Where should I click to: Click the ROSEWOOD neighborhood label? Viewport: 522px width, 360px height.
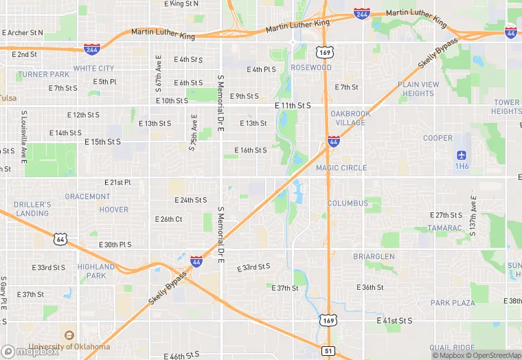click(310, 67)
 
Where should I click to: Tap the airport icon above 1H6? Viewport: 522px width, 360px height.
click(462, 156)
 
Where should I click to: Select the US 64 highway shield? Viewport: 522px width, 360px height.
click(60, 238)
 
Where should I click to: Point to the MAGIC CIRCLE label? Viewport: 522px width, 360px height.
click(341, 168)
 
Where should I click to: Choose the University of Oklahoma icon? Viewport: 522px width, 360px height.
click(69, 335)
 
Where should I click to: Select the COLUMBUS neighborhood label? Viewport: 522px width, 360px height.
click(347, 203)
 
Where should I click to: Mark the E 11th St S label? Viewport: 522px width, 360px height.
click(293, 106)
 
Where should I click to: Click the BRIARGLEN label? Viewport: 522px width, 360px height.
click(374, 256)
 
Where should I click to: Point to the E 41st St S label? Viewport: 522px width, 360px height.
click(394, 321)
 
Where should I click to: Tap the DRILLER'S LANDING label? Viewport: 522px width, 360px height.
click(33, 209)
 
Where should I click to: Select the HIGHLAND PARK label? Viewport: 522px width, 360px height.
click(91, 271)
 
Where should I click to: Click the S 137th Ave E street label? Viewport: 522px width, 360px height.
click(473, 214)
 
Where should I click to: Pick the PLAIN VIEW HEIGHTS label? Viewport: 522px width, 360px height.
click(418, 89)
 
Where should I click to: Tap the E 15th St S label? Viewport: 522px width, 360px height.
click(102, 142)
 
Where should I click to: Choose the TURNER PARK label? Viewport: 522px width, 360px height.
click(44, 74)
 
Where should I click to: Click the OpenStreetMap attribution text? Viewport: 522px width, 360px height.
click(492, 355)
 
